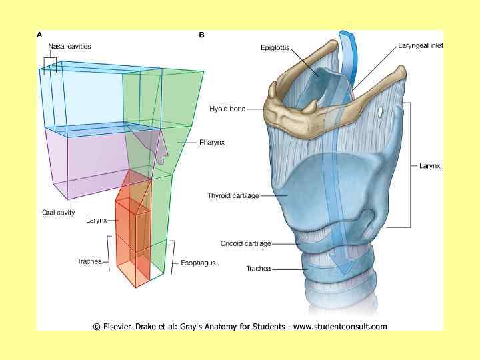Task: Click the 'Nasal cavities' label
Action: [69, 47]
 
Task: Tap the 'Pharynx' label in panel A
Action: [211, 142]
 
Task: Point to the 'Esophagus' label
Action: [199, 263]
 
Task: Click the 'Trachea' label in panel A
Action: [89, 261]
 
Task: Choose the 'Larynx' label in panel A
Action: [97, 219]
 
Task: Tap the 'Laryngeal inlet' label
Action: [421, 46]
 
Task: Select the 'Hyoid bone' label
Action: [227, 108]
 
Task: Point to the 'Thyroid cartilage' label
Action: [233, 196]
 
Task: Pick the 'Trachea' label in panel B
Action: [259, 269]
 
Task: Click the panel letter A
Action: [41, 35]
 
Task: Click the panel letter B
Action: [201, 35]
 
